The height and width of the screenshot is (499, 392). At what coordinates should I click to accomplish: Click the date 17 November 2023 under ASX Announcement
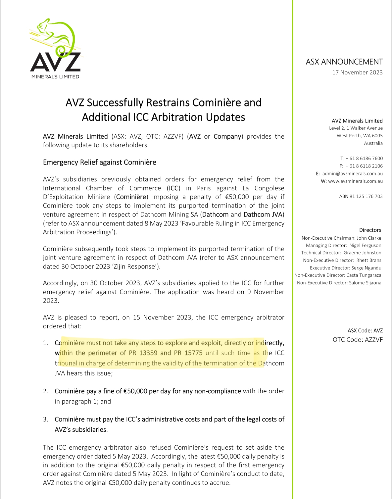pyautogui.click(x=357, y=72)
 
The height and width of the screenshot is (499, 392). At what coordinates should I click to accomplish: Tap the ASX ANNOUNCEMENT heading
pyautogui.click(x=344, y=62)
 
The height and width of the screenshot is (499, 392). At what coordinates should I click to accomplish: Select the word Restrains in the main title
pyautogui.click(x=168, y=103)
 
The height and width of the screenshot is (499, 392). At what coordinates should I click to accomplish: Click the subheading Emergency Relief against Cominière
pyautogui.click(x=100, y=162)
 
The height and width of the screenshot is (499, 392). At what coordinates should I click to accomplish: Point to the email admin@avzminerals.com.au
pyautogui.click(x=352, y=174)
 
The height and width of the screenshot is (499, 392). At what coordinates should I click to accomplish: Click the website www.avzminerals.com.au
pyautogui.click(x=355, y=181)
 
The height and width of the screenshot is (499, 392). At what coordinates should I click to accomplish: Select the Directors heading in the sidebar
pyautogui.click(x=370, y=230)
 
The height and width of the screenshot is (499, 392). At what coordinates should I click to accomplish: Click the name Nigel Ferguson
pyautogui.click(x=365, y=245)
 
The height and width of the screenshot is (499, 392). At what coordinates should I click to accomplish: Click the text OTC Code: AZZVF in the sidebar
pyautogui.click(x=357, y=340)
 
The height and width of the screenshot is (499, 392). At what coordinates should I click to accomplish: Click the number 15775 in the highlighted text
pyautogui.click(x=194, y=353)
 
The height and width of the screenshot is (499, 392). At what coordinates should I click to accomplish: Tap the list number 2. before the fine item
pyautogui.click(x=46, y=391)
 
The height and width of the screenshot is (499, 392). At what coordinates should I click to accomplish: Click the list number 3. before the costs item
pyautogui.click(x=46, y=419)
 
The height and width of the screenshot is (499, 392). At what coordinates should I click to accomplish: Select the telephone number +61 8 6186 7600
pyautogui.click(x=364, y=159)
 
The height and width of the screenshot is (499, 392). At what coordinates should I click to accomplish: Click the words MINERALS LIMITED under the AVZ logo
pyautogui.click(x=55, y=77)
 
